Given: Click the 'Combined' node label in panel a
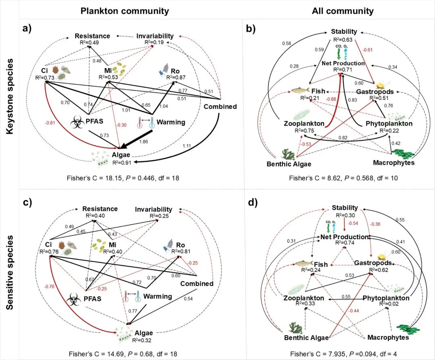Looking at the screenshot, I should [220, 107].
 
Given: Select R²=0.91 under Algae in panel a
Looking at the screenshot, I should [120, 163].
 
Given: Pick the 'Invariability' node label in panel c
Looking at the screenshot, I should [153, 209].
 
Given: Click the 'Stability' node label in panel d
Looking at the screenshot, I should [344, 208].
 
